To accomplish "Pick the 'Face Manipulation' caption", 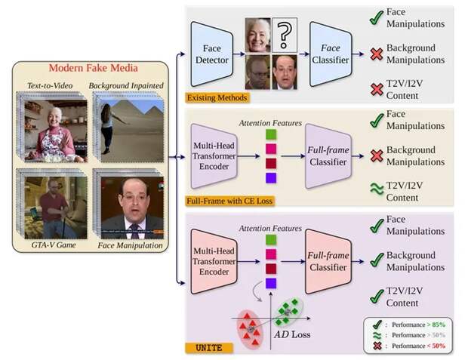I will click(x=130, y=245).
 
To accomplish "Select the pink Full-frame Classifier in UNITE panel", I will click(x=328, y=261).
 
